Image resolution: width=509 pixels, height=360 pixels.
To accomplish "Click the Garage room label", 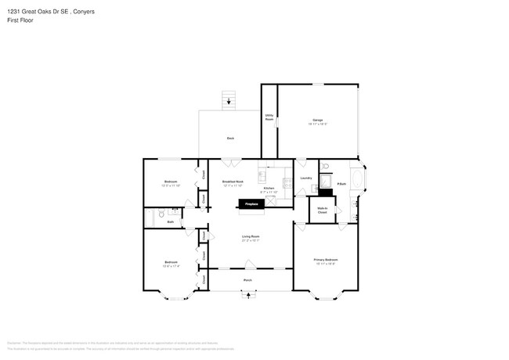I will click(x=317, y=121).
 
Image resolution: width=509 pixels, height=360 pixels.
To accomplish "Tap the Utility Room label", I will click(x=269, y=117).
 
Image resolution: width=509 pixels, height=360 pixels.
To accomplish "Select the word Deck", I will click(x=230, y=139).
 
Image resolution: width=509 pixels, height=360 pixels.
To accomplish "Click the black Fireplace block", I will click(x=251, y=203).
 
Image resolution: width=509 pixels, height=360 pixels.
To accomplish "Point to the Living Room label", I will click(x=251, y=237).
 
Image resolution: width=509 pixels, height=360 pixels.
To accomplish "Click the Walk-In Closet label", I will click(x=322, y=210).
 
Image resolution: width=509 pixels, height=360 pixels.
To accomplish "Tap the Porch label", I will click(x=247, y=279).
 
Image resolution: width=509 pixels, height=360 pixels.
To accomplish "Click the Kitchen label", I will click(x=269, y=189).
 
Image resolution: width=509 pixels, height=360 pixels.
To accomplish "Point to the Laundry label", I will click(x=306, y=178).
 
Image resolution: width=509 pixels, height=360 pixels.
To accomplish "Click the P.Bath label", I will click(x=341, y=184).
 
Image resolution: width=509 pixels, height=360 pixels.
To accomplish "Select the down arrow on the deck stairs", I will click(x=229, y=100).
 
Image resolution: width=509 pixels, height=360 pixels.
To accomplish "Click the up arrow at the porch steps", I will click(x=250, y=295).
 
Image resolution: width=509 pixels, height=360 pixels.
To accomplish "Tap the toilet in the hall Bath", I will click(x=160, y=212).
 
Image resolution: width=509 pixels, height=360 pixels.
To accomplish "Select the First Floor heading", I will click(x=20, y=20).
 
